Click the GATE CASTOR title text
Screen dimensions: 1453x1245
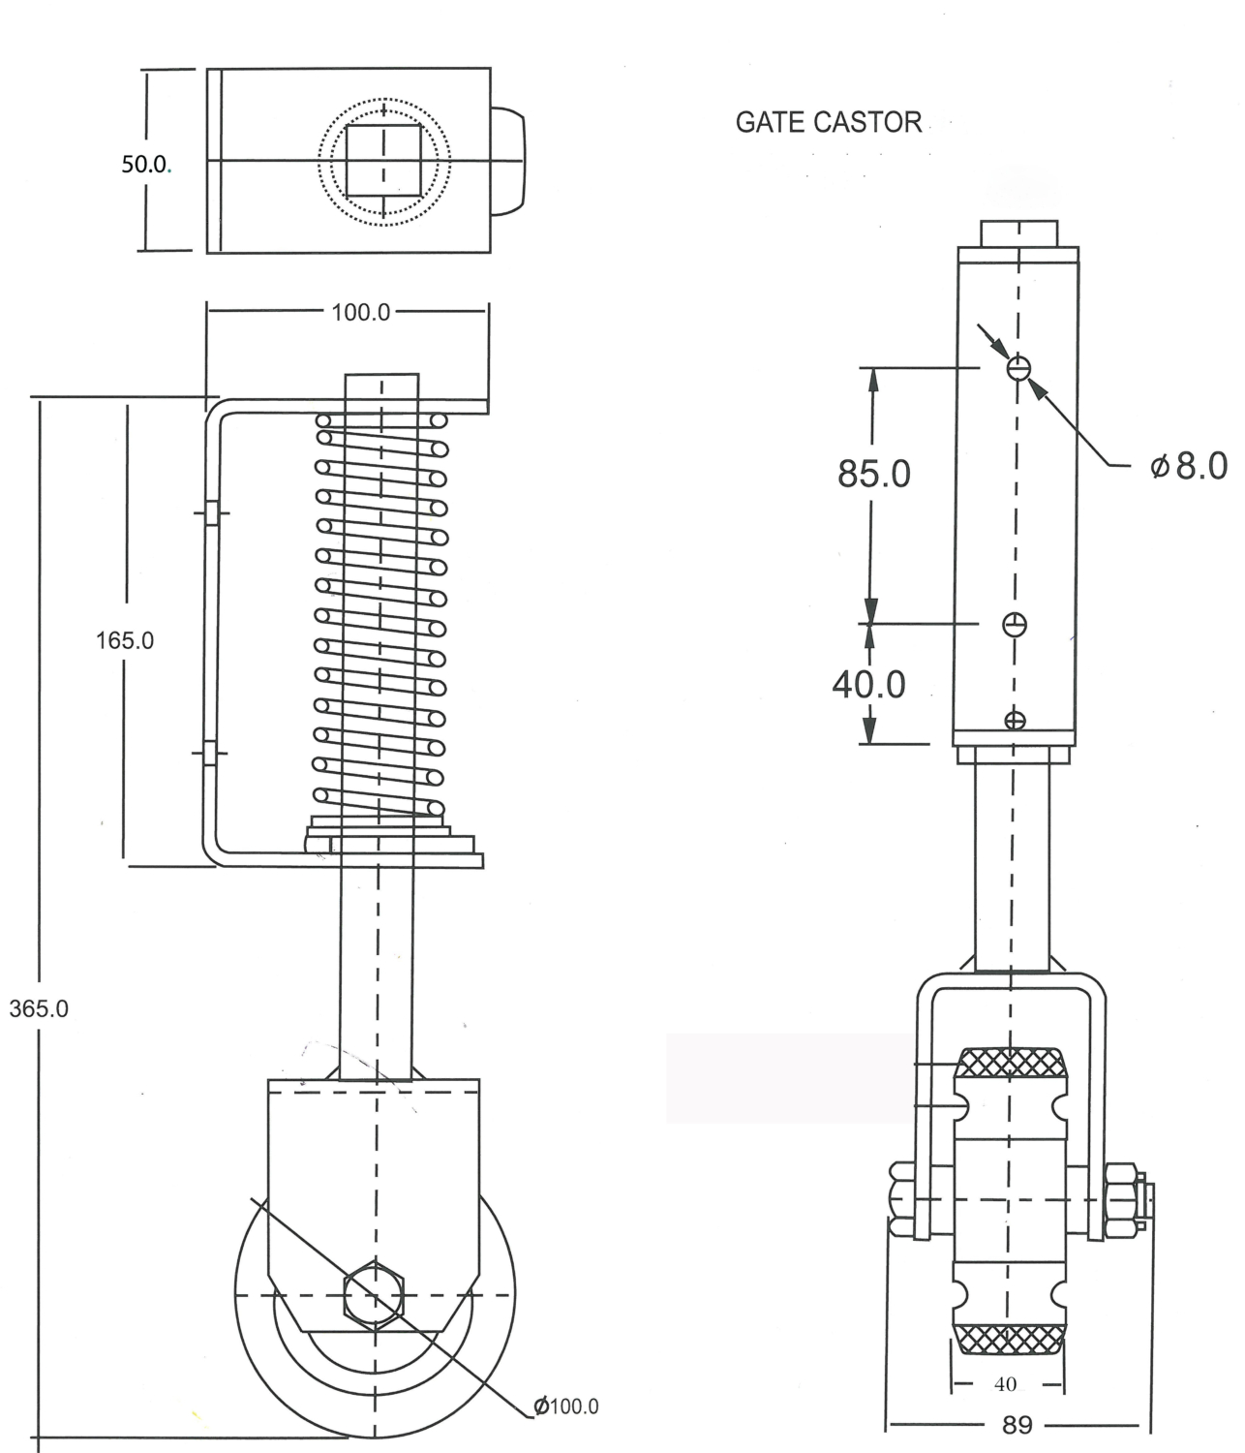[x=828, y=122]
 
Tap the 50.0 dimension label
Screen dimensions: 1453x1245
[x=144, y=164]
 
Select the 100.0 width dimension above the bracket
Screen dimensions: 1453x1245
[x=360, y=312]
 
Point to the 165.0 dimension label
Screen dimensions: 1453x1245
[x=124, y=640]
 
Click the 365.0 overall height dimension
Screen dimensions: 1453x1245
[x=39, y=1008]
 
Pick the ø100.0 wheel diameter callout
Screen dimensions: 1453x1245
[x=566, y=1406]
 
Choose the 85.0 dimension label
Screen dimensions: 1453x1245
[x=873, y=474]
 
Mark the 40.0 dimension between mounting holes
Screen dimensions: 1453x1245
[x=868, y=684]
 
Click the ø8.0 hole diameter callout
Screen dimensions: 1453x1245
[x=1189, y=466]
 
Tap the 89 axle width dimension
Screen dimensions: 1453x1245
[x=1017, y=1425]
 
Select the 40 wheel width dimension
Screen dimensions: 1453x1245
[x=1005, y=1384]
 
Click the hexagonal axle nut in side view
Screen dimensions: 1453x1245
[x=374, y=1295]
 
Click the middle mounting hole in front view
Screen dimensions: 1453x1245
[x=1015, y=625]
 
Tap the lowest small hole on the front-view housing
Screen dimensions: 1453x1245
[x=1015, y=720]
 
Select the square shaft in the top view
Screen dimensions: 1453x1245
[x=383, y=160]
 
